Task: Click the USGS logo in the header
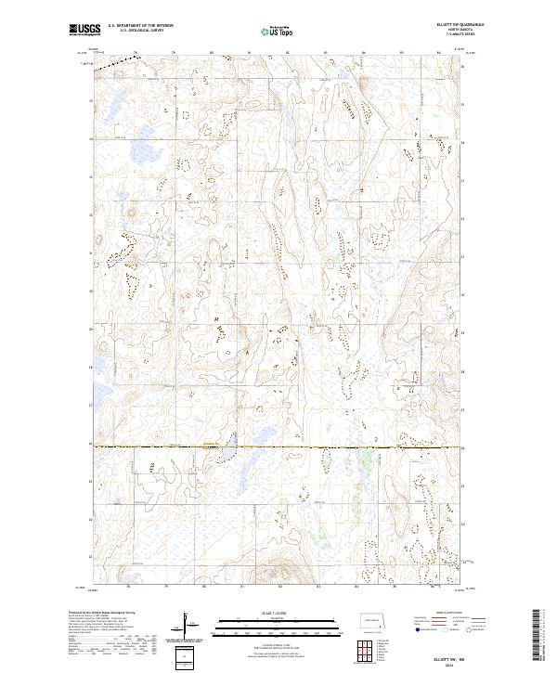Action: (x=85, y=30)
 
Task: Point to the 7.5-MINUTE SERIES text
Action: (x=452, y=34)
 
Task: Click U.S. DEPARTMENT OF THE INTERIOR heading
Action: (x=140, y=26)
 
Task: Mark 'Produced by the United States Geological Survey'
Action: (x=100, y=614)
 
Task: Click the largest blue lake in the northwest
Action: (x=111, y=104)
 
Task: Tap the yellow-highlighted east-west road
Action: (x=278, y=448)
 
